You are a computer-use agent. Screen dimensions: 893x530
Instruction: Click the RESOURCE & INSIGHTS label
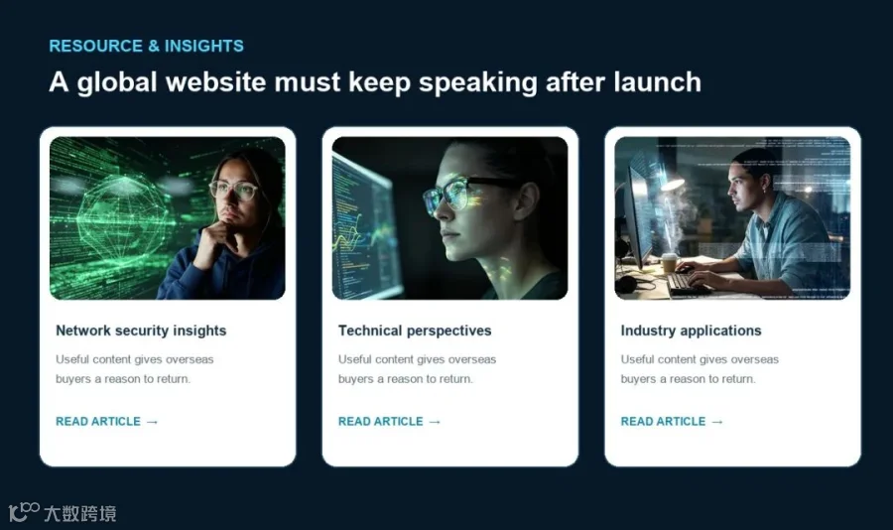tap(147, 46)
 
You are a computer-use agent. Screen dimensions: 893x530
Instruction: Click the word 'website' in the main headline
tap(216, 82)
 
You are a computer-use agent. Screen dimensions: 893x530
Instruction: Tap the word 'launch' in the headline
tap(657, 82)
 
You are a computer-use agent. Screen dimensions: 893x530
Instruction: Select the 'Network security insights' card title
tap(141, 331)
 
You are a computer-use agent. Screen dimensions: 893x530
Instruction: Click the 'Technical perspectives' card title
tap(415, 331)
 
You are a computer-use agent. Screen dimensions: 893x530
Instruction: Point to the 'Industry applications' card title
tap(691, 331)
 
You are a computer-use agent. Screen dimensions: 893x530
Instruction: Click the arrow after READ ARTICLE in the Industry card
tap(717, 422)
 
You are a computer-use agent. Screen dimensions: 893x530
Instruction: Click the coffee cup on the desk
tap(669, 262)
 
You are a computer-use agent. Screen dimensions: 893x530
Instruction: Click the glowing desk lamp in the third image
tap(672, 183)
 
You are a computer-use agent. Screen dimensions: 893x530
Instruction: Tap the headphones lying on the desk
tap(631, 283)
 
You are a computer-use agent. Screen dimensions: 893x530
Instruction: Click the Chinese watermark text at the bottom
tap(80, 513)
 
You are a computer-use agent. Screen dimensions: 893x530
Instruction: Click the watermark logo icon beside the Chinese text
tap(24, 511)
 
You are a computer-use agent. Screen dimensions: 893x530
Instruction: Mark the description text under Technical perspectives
tap(417, 369)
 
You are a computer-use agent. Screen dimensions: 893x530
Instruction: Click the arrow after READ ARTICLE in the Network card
tap(152, 422)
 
